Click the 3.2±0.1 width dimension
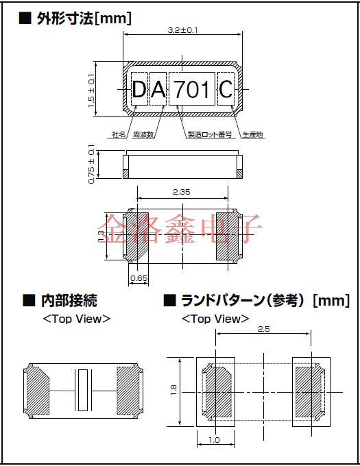pos(181,31)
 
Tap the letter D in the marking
pos(139,89)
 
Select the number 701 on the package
pos(192,89)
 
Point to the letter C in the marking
pos(226,89)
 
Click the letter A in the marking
pos(158,89)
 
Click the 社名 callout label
pos(119,135)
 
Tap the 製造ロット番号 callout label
pos(210,135)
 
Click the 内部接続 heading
pos(69,300)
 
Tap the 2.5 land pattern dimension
pos(263,330)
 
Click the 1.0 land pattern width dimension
pos(215,440)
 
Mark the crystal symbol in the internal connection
pos(84,389)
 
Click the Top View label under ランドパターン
pos(215,319)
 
